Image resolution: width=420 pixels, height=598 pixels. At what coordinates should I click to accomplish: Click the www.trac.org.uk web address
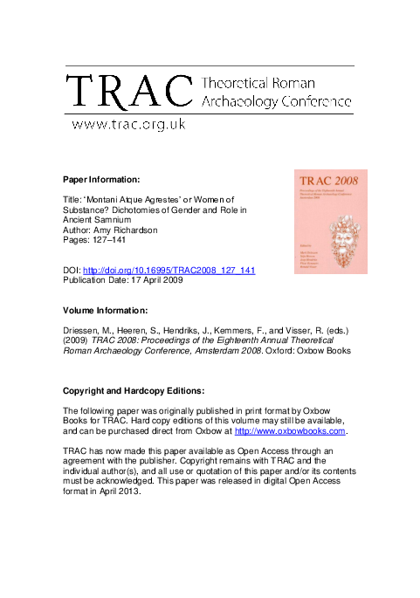pos(127,125)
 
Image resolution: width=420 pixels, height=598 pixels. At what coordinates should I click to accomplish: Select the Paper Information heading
pos(100,181)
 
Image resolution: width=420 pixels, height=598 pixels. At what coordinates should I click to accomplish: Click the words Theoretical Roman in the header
pos(252,84)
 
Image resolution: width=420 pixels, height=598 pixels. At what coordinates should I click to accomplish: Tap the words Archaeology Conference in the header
pos(277,100)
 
